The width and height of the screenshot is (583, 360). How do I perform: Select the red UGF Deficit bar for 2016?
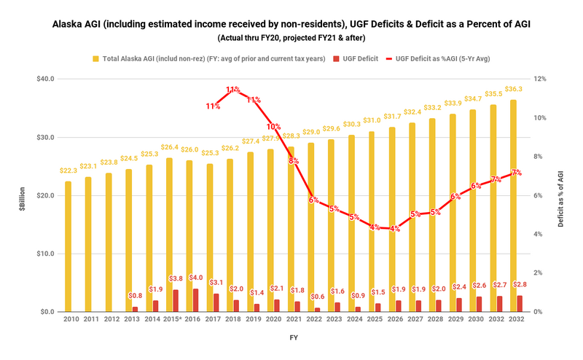[195, 300]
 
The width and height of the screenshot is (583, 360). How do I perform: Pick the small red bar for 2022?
[318, 310]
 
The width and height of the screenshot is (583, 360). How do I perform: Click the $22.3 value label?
[68, 171]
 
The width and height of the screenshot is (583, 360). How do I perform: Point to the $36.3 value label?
[514, 89]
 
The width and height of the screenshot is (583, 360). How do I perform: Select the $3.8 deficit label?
[176, 278]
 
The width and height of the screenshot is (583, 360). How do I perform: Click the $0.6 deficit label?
[318, 297]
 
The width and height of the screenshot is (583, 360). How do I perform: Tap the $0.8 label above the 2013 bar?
[135, 296]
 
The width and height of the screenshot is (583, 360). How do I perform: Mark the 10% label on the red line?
[273, 127]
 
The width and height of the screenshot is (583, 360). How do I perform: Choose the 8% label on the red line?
[293, 161]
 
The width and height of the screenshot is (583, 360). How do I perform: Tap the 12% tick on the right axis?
[539, 79]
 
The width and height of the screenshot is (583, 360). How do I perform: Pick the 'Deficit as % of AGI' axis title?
[560, 195]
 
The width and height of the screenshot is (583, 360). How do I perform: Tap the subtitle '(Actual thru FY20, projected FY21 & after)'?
[291, 37]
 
